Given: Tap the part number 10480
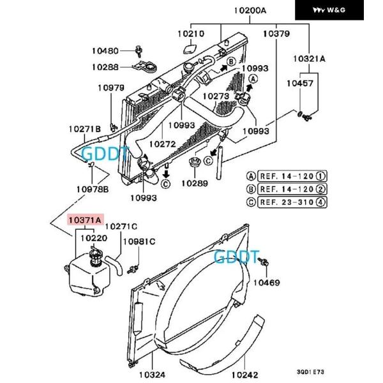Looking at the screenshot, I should pyautogui.click(x=105, y=51).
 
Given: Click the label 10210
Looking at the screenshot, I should pyautogui.click(x=190, y=34).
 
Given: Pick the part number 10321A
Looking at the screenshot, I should pyautogui.click(x=309, y=59).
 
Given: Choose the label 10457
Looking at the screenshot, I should pyautogui.click(x=299, y=83).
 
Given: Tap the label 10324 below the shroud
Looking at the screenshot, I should pyautogui.click(x=153, y=375).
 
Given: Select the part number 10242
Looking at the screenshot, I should pyautogui.click(x=246, y=375).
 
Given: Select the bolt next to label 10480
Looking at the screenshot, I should pyautogui.click(x=139, y=49).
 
